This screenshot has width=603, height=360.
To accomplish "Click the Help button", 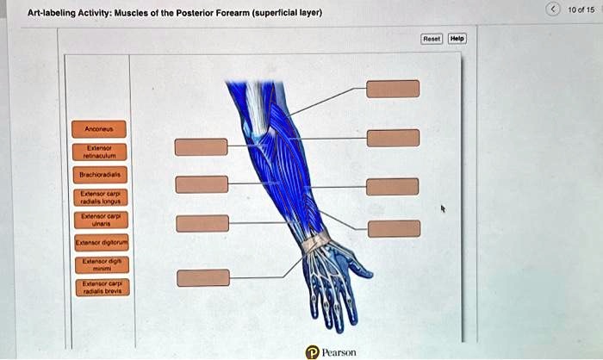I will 457,39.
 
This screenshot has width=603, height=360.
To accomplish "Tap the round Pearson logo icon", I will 312,351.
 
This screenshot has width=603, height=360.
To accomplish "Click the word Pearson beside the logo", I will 339,352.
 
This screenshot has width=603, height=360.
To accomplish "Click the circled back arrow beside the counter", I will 554,9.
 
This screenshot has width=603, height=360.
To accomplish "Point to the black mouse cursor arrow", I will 444,208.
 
